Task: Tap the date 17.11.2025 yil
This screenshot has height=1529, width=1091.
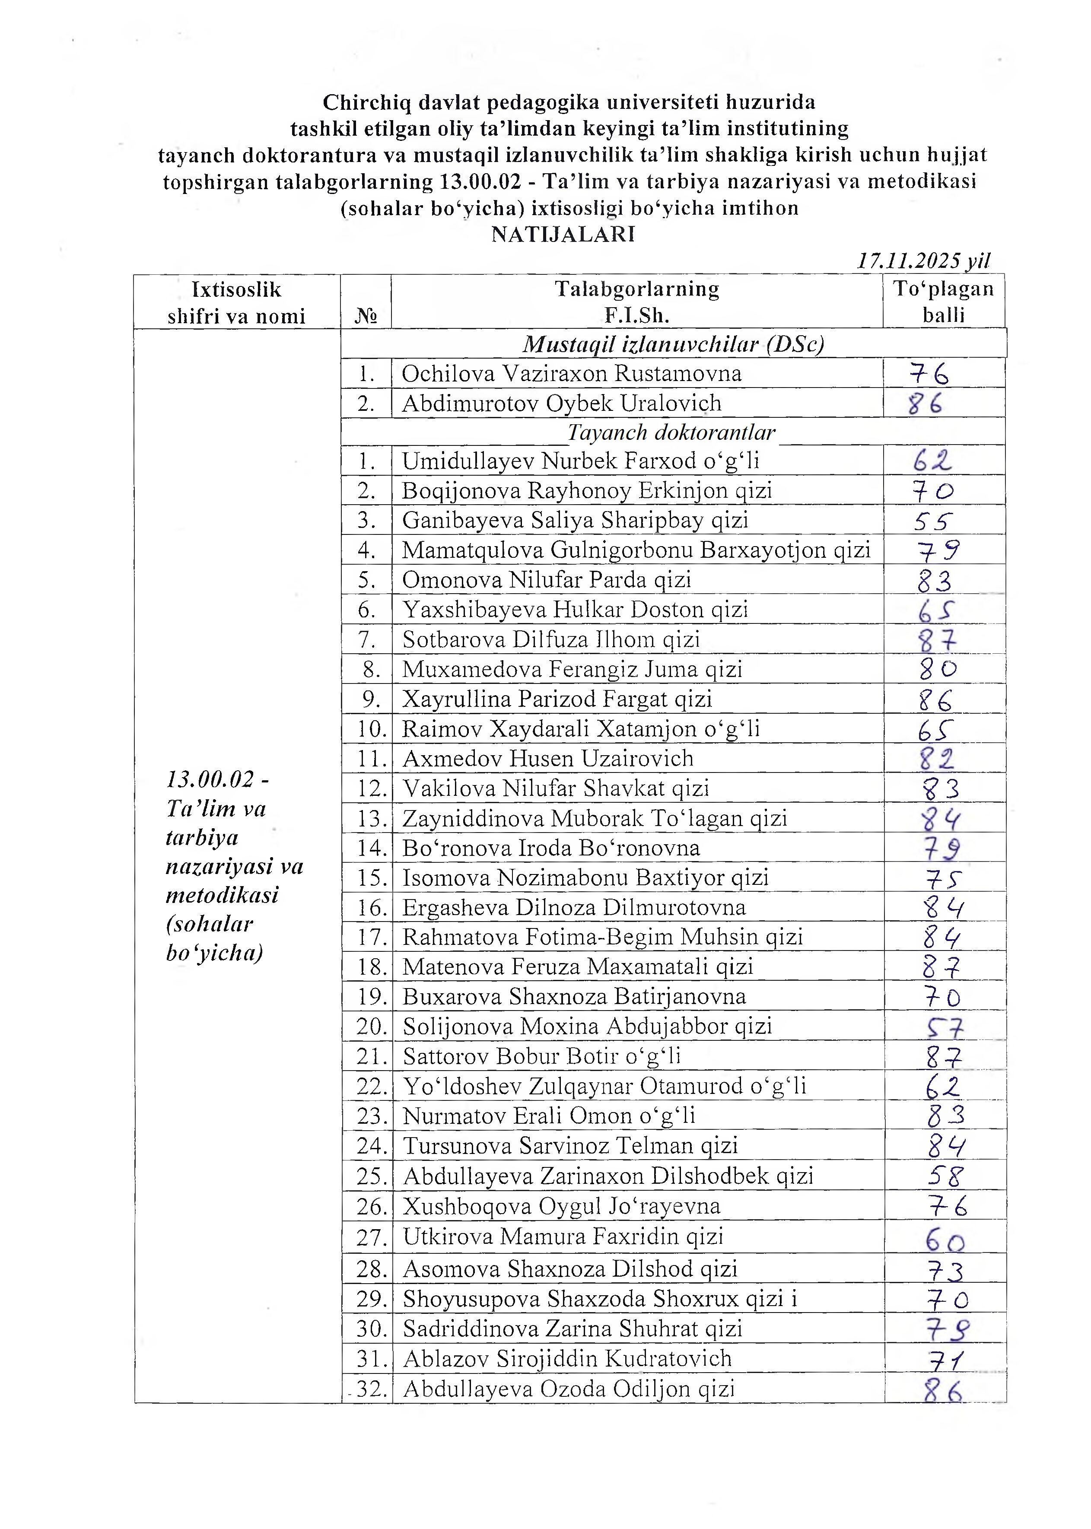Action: pyautogui.click(x=923, y=261)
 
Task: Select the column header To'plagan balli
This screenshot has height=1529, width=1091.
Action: pyautogui.click(x=943, y=302)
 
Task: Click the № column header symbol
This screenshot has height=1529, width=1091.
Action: pyautogui.click(x=366, y=316)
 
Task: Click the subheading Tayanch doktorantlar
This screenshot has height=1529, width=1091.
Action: pyautogui.click(x=671, y=432)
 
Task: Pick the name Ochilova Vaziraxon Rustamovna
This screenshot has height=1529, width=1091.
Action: pyautogui.click(x=572, y=374)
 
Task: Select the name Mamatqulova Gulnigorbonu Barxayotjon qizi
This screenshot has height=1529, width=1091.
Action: pyautogui.click(x=636, y=550)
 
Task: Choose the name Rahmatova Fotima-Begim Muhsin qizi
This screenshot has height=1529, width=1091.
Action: pyautogui.click(x=603, y=937)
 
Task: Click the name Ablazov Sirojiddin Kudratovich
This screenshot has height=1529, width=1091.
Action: pyautogui.click(x=567, y=1359)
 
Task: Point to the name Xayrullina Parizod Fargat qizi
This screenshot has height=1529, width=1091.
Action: pyautogui.click(x=557, y=699)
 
